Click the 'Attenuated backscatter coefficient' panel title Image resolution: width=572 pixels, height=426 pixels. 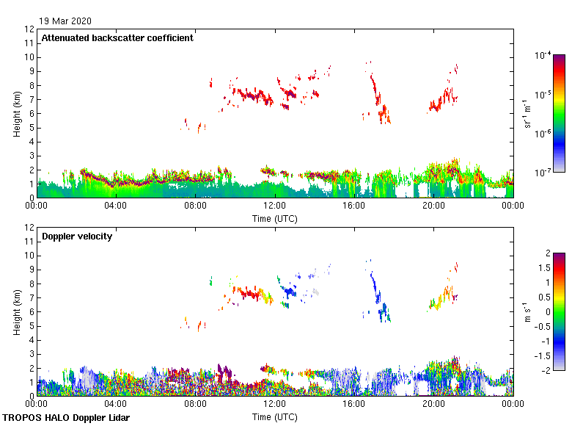coord(117,38)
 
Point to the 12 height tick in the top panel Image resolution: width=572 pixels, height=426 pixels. coord(30,29)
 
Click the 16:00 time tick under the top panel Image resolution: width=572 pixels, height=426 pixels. coord(354,206)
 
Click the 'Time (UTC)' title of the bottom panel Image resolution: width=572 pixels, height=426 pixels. coord(275,416)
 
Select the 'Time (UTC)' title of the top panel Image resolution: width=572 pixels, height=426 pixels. coord(275,218)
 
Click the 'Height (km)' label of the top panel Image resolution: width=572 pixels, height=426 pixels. coord(16,113)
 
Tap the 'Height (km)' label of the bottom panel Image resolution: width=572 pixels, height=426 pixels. coord(16,311)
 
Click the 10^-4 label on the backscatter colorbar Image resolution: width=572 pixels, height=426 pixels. coord(543,55)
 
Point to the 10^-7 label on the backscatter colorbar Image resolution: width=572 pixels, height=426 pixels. coord(543,173)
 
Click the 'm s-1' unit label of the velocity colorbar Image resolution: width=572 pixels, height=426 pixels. coord(525,311)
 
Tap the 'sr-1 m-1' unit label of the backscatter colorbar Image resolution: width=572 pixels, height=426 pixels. coord(527,114)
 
